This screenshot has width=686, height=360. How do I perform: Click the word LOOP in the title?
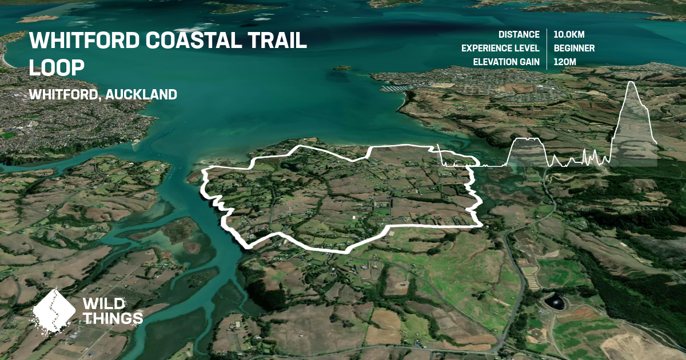point(57,66)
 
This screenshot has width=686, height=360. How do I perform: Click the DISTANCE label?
point(519,34)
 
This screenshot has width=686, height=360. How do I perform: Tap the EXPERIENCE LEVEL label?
point(500,48)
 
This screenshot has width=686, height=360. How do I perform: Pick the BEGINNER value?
point(574,48)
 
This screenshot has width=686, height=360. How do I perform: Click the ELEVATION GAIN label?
point(506,62)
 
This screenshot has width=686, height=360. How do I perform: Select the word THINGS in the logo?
point(113,318)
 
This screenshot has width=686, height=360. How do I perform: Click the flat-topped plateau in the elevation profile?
point(528,139)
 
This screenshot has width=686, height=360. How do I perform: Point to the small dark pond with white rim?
point(554,301)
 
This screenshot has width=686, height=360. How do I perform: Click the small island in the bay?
point(342,68)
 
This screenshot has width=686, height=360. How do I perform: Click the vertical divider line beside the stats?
point(547,48)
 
